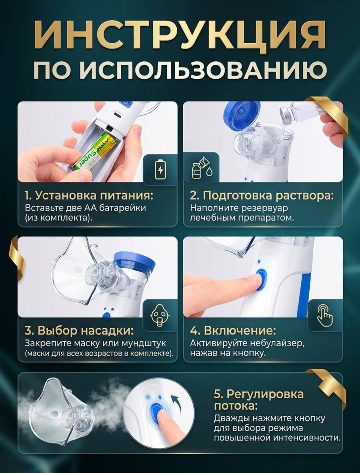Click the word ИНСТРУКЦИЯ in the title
(x=180, y=35)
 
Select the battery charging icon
(x=160, y=169)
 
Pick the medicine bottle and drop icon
(x=202, y=168)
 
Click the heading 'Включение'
(x=233, y=331)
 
